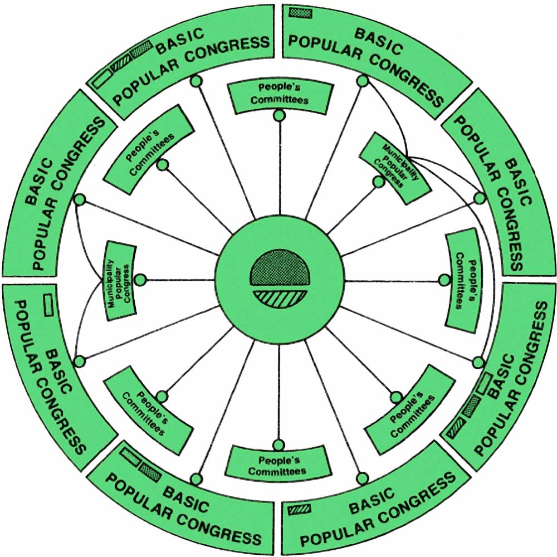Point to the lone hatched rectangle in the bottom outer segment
pos(299,509)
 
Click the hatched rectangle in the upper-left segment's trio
pos(120,66)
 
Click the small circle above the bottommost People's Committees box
pos(278,444)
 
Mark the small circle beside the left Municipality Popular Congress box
pos(141,280)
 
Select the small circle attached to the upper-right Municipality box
pos(379,181)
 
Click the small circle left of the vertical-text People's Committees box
pos(444,280)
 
